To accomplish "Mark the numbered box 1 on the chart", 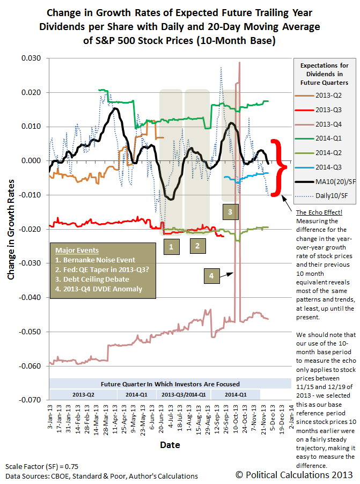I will tap(171, 247).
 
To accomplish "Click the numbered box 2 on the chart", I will tap(198, 247).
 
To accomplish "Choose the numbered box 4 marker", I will tap(211, 276).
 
